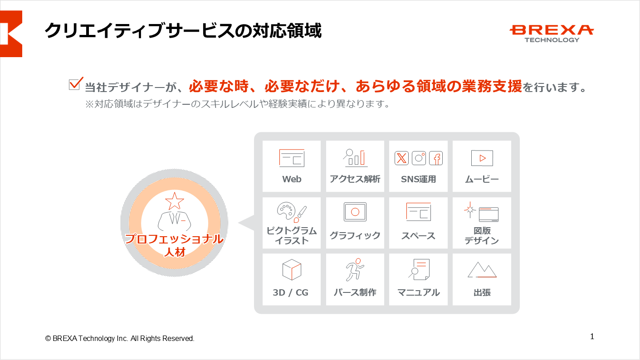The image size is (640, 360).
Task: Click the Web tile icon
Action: point(292,158)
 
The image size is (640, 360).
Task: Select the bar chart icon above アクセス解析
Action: point(355,158)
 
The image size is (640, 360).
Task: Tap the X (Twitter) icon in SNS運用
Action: point(401,158)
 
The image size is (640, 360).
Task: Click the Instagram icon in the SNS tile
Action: point(419,158)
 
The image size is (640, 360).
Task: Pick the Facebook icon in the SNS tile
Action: point(436,158)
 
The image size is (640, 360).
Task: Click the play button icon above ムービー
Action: point(482,158)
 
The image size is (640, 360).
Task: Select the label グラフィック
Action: point(355,236)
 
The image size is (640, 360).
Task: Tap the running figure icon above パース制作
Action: point(355,269)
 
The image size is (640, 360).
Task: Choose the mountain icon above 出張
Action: point(482,269)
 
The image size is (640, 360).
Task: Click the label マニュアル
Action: point(419,292)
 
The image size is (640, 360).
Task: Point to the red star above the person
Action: point(174,201)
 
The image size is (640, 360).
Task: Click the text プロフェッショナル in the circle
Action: point(174,239)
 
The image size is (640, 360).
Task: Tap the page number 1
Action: point(592,336)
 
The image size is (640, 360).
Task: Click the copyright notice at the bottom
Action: point(120,338)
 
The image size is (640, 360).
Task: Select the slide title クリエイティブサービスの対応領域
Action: point(183,31)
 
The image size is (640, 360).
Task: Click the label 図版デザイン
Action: point(482,236)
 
